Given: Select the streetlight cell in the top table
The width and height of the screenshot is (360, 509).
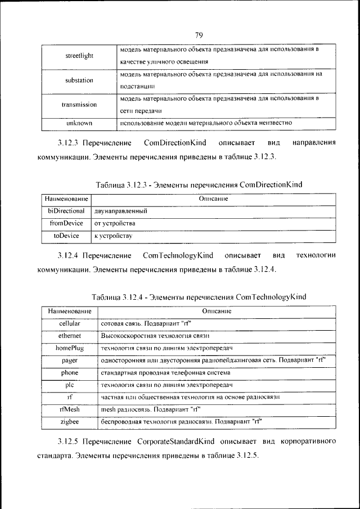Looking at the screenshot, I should tap(79, 56).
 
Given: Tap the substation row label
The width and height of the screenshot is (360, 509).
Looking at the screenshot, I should tap(79, 80).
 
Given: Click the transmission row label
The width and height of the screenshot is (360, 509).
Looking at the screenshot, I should tap(79, 105).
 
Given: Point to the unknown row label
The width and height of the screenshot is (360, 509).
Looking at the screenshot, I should tap(79, 122).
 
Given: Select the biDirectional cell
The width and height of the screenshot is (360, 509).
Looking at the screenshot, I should tap(66, 211).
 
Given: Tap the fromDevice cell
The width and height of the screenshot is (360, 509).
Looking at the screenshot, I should tap(66, 223).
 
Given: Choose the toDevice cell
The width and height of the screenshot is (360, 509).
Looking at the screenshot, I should tap(66, 236).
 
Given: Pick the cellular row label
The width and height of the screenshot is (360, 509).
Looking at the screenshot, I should tap(69, 323).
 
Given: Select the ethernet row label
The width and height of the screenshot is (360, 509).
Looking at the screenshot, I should tap(69, 336).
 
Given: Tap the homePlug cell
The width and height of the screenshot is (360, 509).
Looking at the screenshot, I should tap(69, 348).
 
